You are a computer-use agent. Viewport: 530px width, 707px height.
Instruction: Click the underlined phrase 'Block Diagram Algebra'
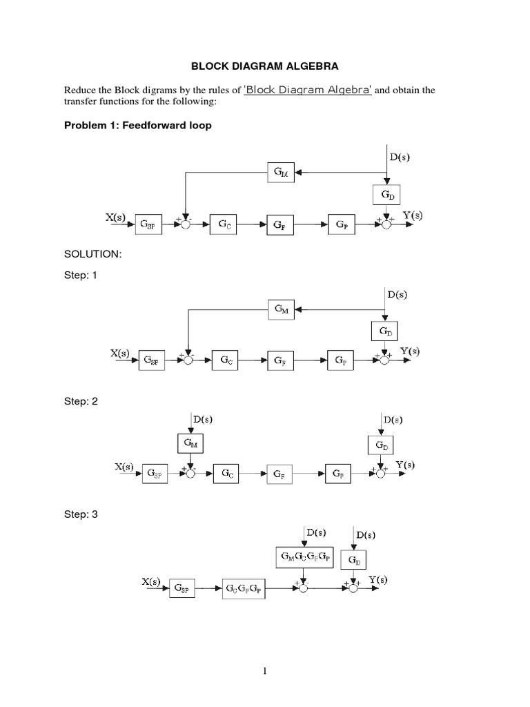308,90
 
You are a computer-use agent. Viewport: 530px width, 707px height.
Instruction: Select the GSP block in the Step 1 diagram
152,360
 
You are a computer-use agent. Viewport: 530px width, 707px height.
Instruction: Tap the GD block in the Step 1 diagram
385,331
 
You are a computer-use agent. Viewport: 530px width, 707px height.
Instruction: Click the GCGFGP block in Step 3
244,590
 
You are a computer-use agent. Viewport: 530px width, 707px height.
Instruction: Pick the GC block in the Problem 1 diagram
226,224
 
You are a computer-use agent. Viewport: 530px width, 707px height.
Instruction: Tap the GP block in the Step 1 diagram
341,360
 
